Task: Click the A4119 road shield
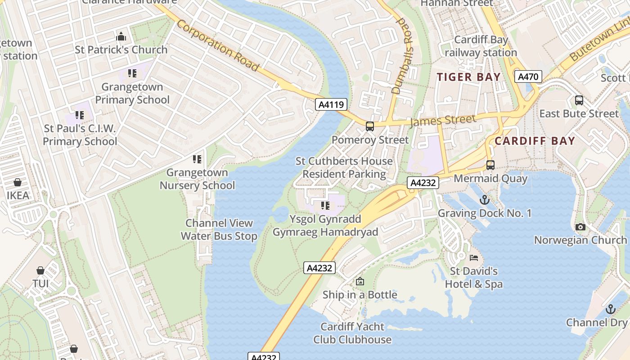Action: tap(331, 105)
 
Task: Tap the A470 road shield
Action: tap(528, 76)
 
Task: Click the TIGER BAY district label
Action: tap(469, 77)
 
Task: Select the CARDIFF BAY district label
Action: tap(535, 141)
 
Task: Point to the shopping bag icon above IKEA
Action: tap(18, 182)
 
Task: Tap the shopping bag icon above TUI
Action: tap(40, 270)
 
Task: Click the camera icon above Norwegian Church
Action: tap(580, 227)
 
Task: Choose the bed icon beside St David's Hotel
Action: tap(474, 258)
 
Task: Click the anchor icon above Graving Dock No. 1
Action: tap(484, 199)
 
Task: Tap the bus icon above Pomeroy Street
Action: tap(369, 126)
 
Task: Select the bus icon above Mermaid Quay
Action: tap(490, 165)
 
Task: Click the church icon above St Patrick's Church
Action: tap(121, 36)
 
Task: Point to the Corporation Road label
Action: tap(218, 45)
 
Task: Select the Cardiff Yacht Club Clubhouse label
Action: tap(352, 333)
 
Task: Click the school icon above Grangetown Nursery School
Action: tap(197, 159)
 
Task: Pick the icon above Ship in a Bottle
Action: tap(360, 282)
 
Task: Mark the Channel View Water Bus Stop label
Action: tap(219, 229)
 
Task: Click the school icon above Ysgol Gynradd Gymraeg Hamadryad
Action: tap(325, 206)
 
